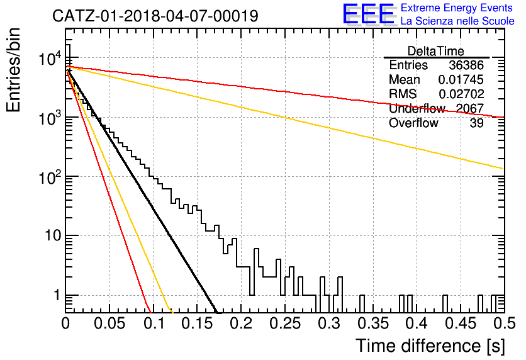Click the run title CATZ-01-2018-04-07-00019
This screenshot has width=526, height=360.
point(155,16)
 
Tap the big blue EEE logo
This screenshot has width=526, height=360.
point(368,14)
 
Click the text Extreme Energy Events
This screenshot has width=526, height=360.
point(457,8)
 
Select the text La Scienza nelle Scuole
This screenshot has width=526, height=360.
point(457,21)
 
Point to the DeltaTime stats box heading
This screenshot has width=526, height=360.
point(435,51)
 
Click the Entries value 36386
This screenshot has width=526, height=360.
point(466,65)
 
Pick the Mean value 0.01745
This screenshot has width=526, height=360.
point(461,79)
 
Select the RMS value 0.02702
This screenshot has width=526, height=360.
point(461,94)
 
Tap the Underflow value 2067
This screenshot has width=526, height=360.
point(469,108)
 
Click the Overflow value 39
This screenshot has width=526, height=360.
point(476,123)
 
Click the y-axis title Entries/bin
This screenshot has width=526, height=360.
point(13,70)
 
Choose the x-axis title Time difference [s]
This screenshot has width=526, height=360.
point(430,346)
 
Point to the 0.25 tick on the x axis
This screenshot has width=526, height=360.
point(285,323)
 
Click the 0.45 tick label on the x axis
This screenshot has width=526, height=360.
point(461,323)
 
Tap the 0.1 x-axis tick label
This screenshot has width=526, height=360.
point(154,323)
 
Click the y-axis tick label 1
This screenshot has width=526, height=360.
point(57,296)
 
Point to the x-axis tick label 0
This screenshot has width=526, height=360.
point(65,323)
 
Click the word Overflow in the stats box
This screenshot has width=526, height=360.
point(413,123)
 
